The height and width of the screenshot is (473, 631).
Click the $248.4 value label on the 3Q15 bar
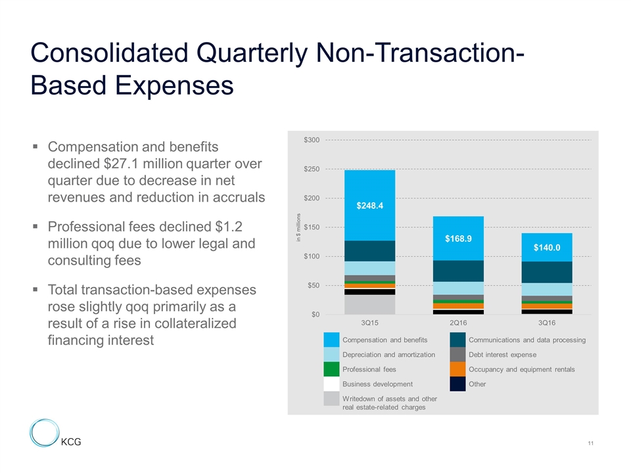[370, 206]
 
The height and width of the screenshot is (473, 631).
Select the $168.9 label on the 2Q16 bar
[459, 238]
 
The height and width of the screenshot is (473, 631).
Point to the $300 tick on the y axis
[311, 140]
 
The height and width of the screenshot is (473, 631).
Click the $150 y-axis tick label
[311, 227]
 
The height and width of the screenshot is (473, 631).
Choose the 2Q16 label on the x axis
[458, 323]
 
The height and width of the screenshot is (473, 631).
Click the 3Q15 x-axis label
[369, 323]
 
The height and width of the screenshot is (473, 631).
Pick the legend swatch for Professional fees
[332, 369]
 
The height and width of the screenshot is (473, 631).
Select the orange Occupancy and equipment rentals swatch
[458, 369]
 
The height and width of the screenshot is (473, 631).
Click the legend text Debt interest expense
[503, 355]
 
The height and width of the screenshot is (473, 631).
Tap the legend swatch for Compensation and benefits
[332, 340]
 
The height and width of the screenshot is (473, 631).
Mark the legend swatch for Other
[458, 384]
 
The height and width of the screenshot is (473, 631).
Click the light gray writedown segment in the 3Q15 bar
[369, 304]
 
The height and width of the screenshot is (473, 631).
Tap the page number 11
[591, 445]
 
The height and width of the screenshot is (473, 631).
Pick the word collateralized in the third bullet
[197, 324]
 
